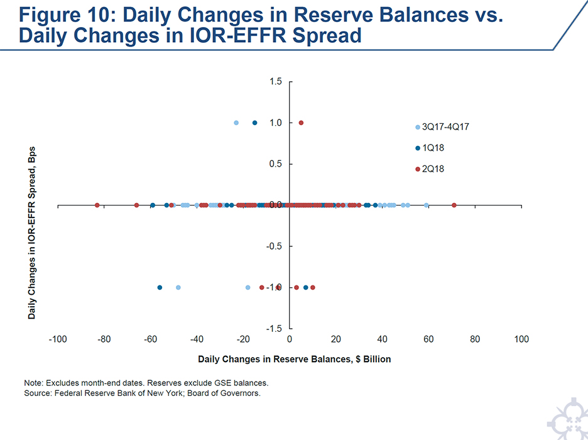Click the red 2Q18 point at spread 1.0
(x=301, y=123)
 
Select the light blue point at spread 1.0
(x=236, y=123)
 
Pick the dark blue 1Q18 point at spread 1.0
(x=254, y=123)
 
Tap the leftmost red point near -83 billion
(x=97, y=205)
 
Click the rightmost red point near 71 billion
(x=454, y=205)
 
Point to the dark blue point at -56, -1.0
(x=160, y=287)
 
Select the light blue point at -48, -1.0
(x=178, y=287)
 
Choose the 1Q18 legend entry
(x=433, y=148)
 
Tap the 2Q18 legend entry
(x=433, y=169)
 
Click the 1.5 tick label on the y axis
(x=276, y=82)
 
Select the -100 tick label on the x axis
(x=58, y=339)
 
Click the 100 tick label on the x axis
(x=521, y=339)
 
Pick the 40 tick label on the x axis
(x=382, y=339)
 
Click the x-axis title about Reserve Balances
(x=294, y=359)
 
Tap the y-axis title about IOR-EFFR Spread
(x=32, y=233)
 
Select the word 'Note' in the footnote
(x=35, y=382)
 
